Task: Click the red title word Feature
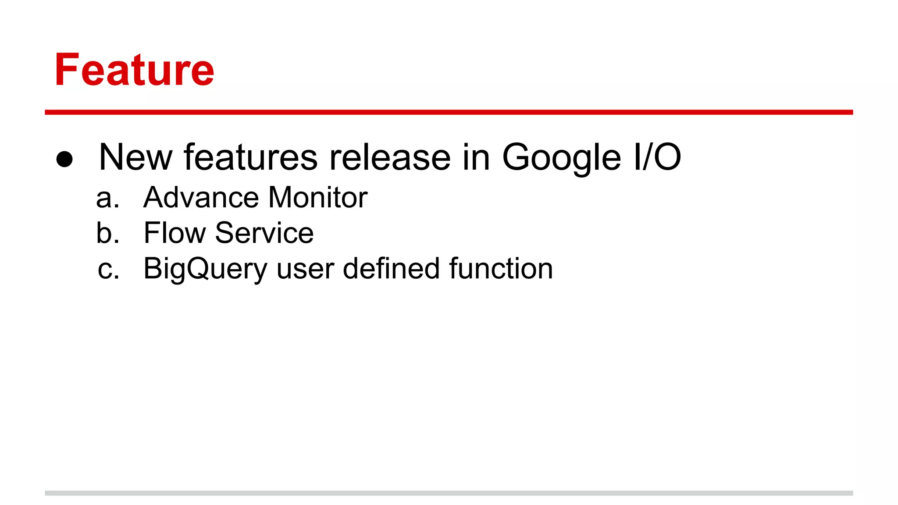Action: click(134, 70)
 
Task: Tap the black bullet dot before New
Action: click(64, 159)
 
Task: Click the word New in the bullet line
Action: click(135, 157)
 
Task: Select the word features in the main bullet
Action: click(250, 157)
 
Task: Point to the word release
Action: click(390, 157)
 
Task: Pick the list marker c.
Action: click(108, 269)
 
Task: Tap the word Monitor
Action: click(318, 198)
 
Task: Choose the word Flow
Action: click(175, 233)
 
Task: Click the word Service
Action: click(264, 233)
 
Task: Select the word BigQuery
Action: click(205, 269)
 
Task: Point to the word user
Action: click(305, 269)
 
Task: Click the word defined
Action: click(391, 268)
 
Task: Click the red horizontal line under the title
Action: click(449, 112)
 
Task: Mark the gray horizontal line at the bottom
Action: click(449, 493)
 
